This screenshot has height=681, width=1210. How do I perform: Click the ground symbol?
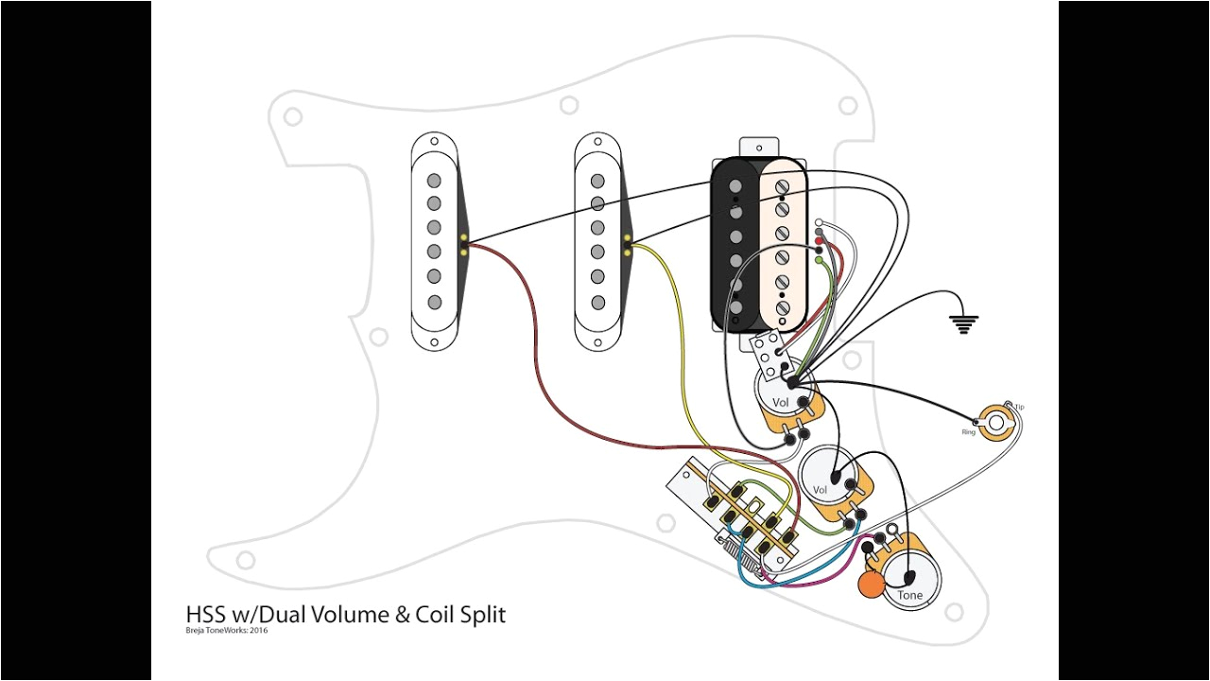pyautogui.click(x=963, y=325)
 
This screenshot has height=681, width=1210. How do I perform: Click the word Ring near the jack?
pyautogui.click(x=968, y=432)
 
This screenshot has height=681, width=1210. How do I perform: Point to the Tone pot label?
pyautogui.click(x=909, y=595)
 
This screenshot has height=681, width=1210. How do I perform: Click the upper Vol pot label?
pyautogui.click(x=780, y=403)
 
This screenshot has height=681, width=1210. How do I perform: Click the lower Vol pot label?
pyautogui.click(x=820, y=490)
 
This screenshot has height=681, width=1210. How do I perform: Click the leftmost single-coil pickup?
pyautogui.click(x=434, y=241)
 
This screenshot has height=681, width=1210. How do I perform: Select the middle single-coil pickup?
pyautogui.click(x=597, y=241)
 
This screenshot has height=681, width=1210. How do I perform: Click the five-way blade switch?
pyautogui.click(x=737, y=515)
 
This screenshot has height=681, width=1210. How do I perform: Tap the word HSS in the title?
pyautogui.click(x=206, y=615)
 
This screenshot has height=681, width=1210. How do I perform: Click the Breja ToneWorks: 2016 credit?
pyautogui.click(x=226, y=631)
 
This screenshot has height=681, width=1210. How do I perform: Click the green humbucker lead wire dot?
pyautogui.click(x=818, y=259)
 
